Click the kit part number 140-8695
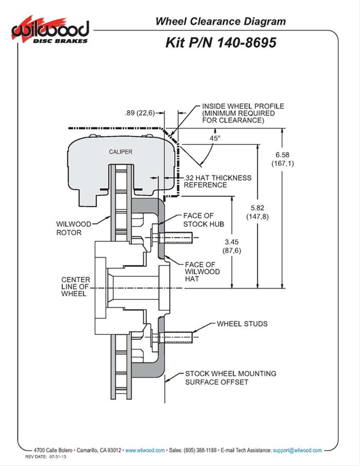click(x=221, y=42)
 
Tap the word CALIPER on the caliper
click(x=121, y=152)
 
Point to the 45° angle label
click(x=214, y=138)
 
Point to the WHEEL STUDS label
click(x=242, y=324)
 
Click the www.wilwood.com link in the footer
click(x=145, y=436)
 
